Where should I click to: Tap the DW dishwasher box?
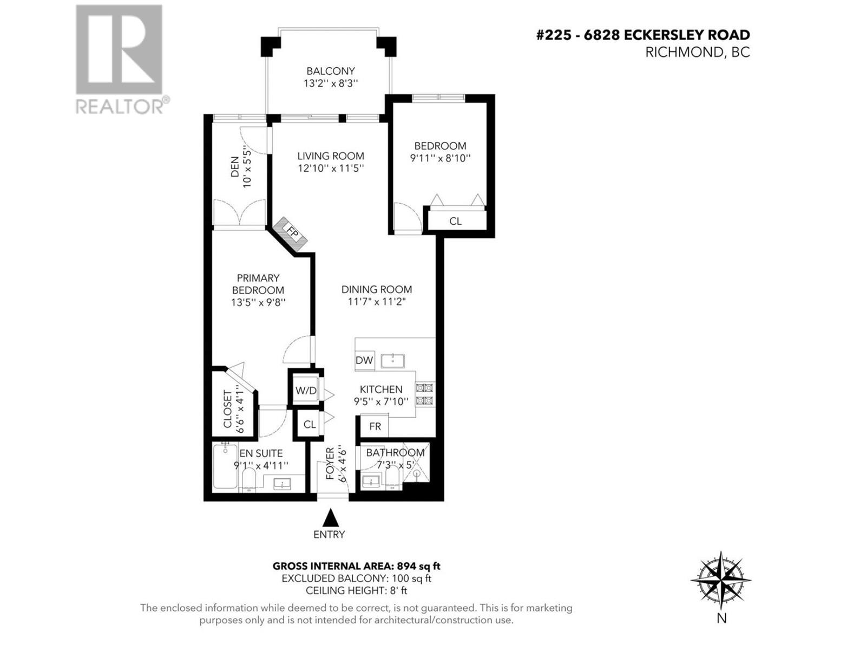[364, 360]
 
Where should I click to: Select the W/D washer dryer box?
[306, 391]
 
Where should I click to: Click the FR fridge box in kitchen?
[375, 426]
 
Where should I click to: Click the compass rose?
[721, 581]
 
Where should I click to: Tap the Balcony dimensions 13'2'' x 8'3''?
[330, 83]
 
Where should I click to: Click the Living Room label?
[330, 156]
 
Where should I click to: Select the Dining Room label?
[376, 289]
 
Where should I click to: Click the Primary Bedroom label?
[258, 284]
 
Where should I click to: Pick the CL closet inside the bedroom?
[455, 221]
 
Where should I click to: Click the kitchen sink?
[392, 360]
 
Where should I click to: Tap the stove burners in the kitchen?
[424, 394]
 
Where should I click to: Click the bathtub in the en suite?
[224, 466]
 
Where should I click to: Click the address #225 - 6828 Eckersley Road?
[642, 35]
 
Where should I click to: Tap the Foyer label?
[330, 464]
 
